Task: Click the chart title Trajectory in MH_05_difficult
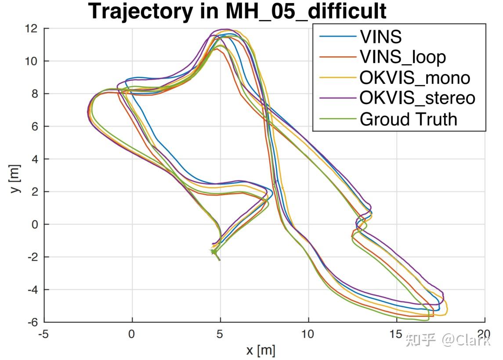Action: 238,11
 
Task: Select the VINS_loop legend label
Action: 402,57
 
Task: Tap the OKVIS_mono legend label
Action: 415,78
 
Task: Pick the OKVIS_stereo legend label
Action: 417,98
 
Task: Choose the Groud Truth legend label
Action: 408,119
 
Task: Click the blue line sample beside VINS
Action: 337,36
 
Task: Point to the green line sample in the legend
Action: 337,119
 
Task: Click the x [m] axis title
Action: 261,351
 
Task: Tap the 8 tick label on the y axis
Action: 34,94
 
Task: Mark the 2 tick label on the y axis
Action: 34,192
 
